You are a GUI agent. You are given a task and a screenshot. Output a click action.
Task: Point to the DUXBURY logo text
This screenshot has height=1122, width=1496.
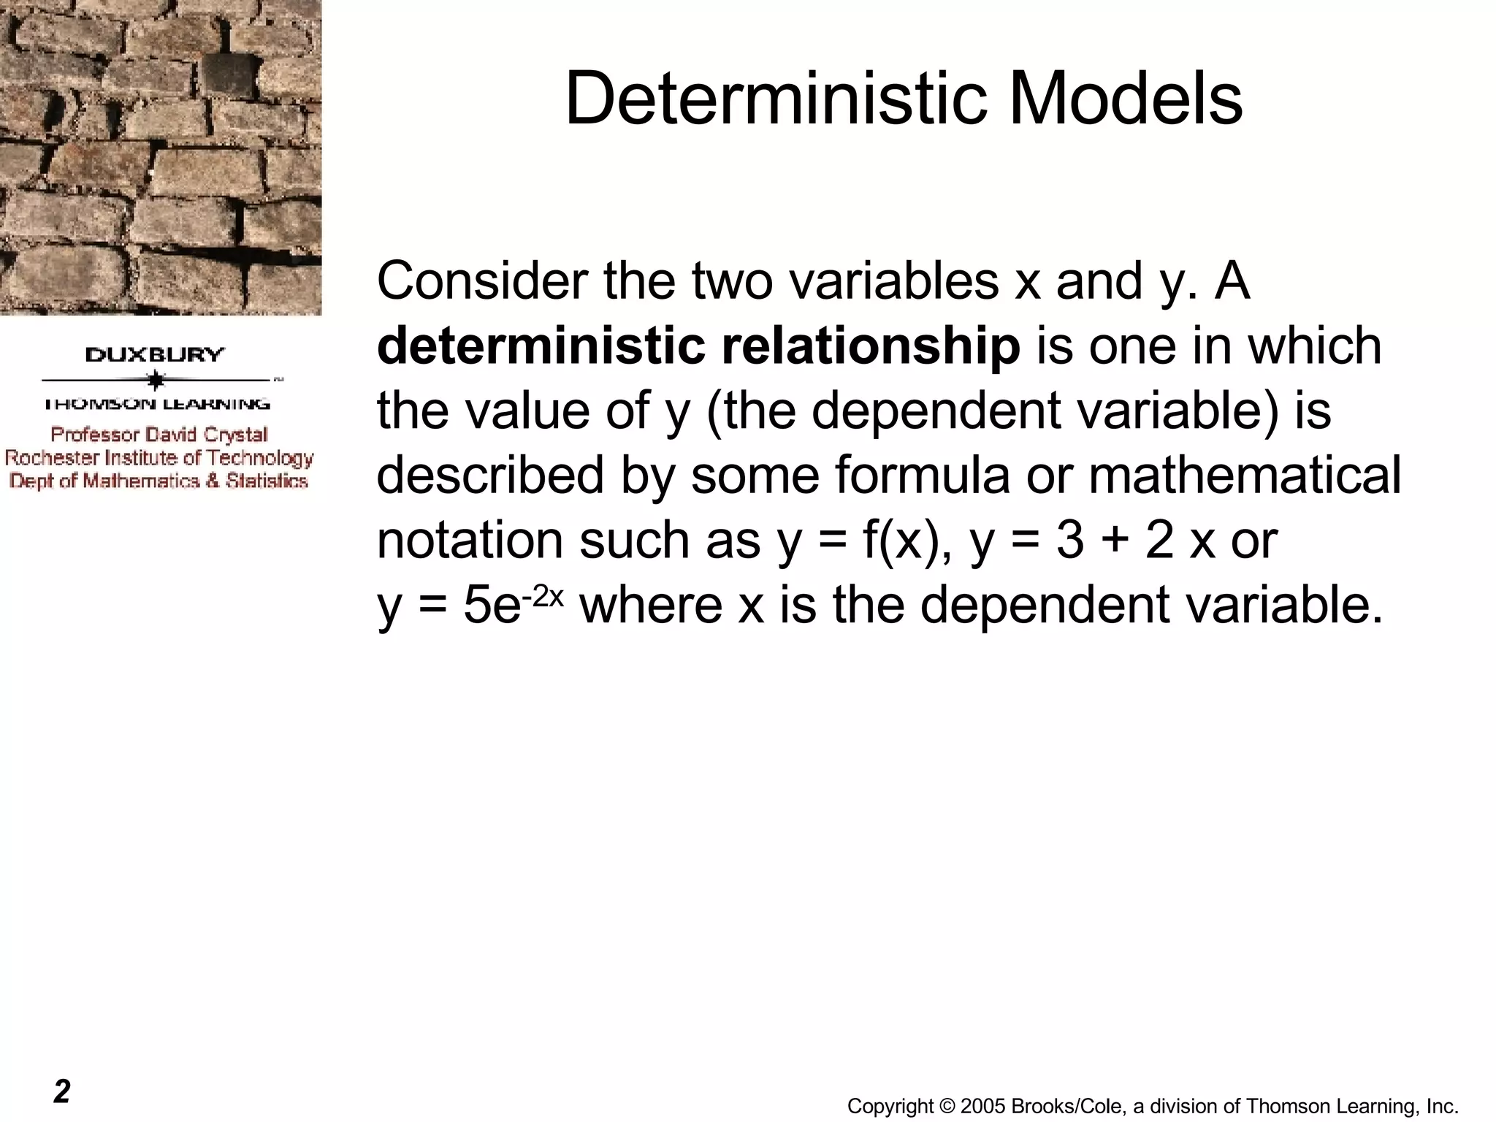point(155,356)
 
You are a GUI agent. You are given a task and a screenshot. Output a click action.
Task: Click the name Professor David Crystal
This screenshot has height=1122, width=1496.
point(159,435)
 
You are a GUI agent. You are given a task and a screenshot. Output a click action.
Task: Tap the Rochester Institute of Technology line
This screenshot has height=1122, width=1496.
point(159,458)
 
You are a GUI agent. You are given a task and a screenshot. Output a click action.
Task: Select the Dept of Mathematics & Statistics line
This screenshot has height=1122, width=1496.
point(159,481)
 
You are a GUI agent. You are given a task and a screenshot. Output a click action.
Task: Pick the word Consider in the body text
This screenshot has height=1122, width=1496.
point(482,281)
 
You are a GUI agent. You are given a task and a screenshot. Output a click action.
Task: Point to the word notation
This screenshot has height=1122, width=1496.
point(470,541)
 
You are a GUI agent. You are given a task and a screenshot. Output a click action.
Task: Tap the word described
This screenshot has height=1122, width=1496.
point(490,475)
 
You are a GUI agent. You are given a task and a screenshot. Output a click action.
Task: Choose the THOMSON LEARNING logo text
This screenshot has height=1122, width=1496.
point(157,404)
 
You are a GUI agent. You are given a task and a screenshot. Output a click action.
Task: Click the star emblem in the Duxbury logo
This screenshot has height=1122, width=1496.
point(155,380)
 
